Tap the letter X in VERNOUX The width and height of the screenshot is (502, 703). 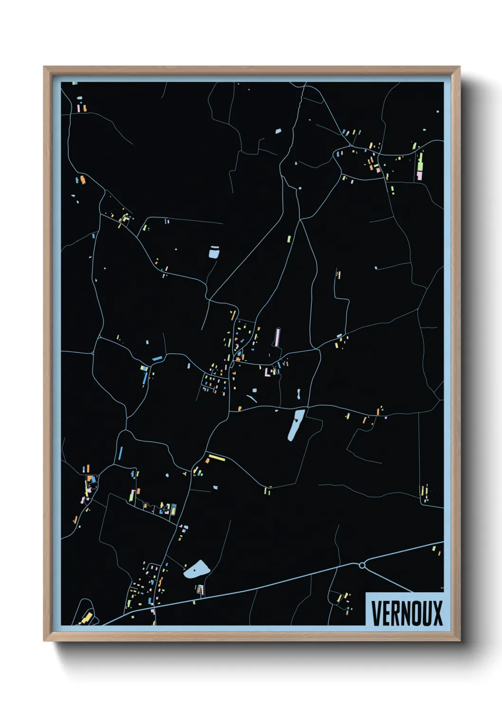tap(437, 613)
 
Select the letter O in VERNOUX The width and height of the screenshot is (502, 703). tap(413, 613)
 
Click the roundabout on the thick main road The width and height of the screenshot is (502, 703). tap(362, 565)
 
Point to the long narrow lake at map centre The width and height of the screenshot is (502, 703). tap(297, 425)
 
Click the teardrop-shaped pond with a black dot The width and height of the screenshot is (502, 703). tap(196, 569)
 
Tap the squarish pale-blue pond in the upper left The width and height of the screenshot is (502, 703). tap(214, 252)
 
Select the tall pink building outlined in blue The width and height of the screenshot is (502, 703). tap(278, 337)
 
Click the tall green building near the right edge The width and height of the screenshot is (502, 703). tap(420, 161)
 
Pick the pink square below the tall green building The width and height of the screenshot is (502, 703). tap(419, 176)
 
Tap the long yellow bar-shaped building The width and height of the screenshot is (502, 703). tap(217, 457)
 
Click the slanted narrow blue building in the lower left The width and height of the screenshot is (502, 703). tap(121, 453)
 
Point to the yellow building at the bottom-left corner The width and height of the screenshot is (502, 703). tap(86, 618)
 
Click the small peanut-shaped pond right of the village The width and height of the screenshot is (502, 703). tap(298, 394)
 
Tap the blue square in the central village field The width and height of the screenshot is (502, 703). tap(255, 390)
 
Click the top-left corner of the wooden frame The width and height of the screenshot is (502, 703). tap(45, 67)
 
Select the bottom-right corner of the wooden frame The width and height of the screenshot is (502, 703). tap(459, 640)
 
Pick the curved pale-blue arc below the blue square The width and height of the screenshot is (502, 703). tap(251, 399)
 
